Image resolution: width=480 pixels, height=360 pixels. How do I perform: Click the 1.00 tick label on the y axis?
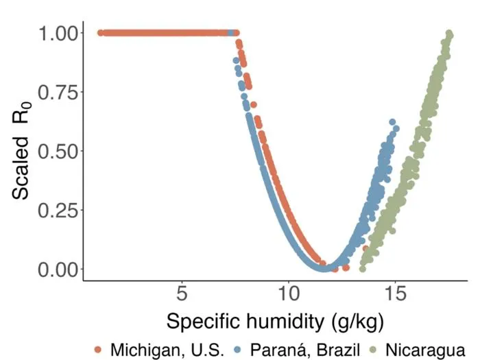58,33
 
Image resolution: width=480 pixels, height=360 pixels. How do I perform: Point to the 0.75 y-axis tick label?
58,92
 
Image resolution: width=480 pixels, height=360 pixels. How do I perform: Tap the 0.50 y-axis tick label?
58,152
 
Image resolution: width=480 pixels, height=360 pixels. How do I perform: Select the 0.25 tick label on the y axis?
58,211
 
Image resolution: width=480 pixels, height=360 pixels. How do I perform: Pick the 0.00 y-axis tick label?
58,269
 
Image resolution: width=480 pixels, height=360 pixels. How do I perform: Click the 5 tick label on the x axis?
182,293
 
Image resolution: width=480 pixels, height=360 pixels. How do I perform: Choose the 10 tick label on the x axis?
289,293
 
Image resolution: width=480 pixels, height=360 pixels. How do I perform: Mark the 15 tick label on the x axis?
395,293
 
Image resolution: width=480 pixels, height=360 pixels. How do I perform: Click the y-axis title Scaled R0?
21,150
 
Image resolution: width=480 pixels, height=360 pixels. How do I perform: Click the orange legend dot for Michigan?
98,350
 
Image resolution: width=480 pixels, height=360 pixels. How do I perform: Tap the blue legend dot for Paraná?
238,350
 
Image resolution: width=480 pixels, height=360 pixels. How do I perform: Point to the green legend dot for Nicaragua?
374,350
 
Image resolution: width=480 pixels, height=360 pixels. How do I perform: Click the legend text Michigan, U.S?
167,350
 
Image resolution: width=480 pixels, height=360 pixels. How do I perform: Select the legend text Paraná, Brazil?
305,350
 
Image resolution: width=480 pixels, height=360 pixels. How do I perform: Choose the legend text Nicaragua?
426,350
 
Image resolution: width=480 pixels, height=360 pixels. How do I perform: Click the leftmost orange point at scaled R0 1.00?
100,33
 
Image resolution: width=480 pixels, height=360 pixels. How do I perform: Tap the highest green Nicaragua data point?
448,33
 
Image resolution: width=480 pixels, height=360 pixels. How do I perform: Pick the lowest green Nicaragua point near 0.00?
363,269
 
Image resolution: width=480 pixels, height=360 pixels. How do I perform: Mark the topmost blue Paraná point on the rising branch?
392,122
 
